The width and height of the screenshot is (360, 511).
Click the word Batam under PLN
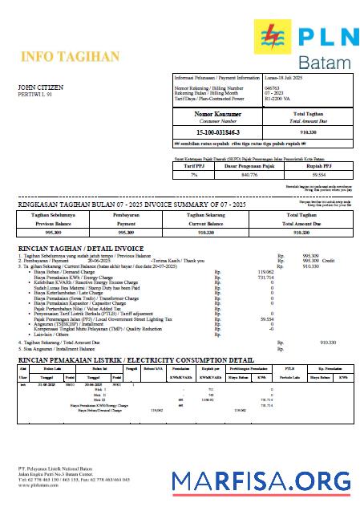pos(323,62)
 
